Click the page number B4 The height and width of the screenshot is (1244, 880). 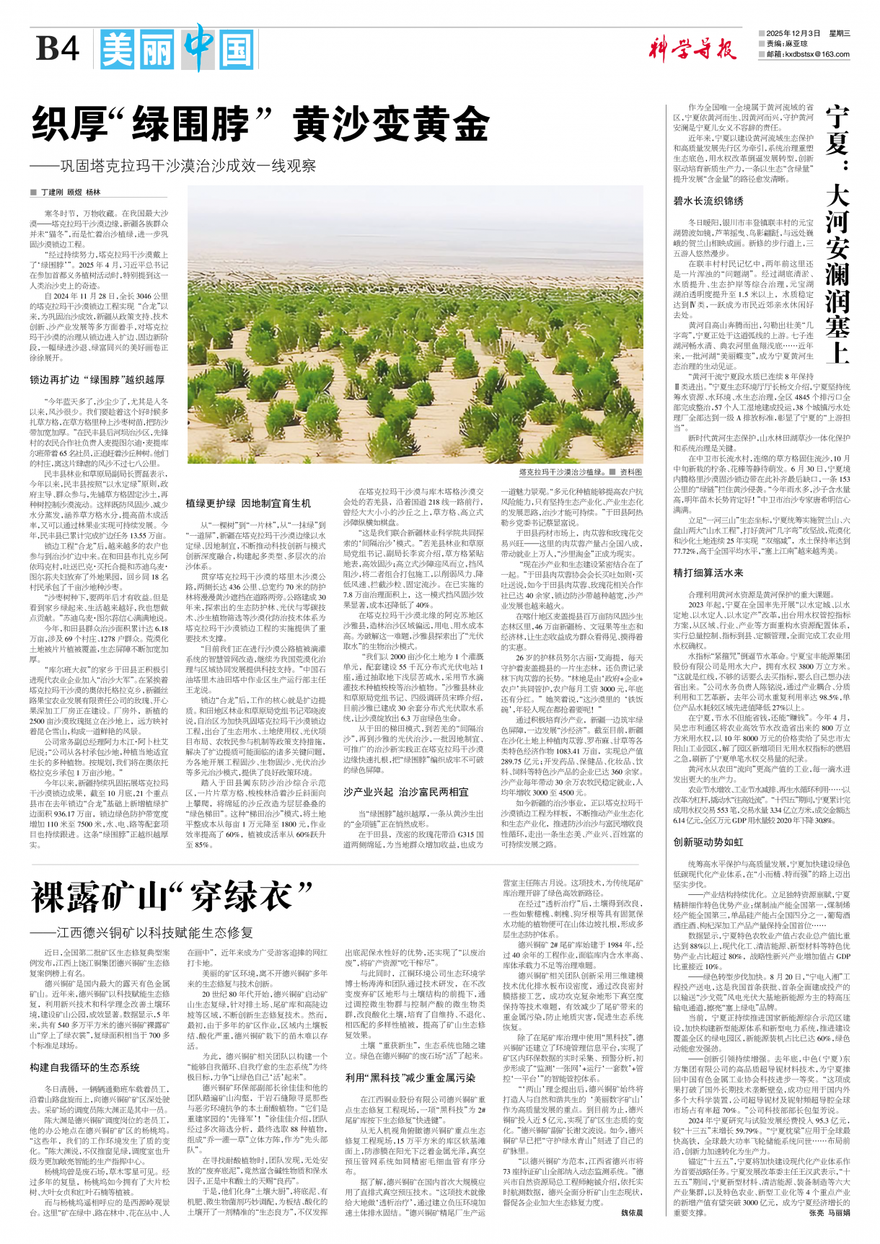tap(58, 49)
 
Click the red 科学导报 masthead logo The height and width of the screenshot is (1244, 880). tap(691, 50)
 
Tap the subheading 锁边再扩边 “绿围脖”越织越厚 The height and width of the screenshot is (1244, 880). tap(97, 379)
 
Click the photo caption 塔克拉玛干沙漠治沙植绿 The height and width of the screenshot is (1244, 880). tap(563, 472)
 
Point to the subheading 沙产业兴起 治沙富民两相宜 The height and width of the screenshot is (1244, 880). tap(406, 792)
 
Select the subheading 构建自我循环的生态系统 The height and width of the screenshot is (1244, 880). tap(85, 1067)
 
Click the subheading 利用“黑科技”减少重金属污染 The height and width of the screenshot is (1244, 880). tap(410, 1077)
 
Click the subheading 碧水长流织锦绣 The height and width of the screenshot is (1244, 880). tap(708, 201)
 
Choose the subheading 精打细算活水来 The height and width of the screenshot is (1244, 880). tap(708, 573)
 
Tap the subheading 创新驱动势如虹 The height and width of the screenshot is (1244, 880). tap(708, 842)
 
